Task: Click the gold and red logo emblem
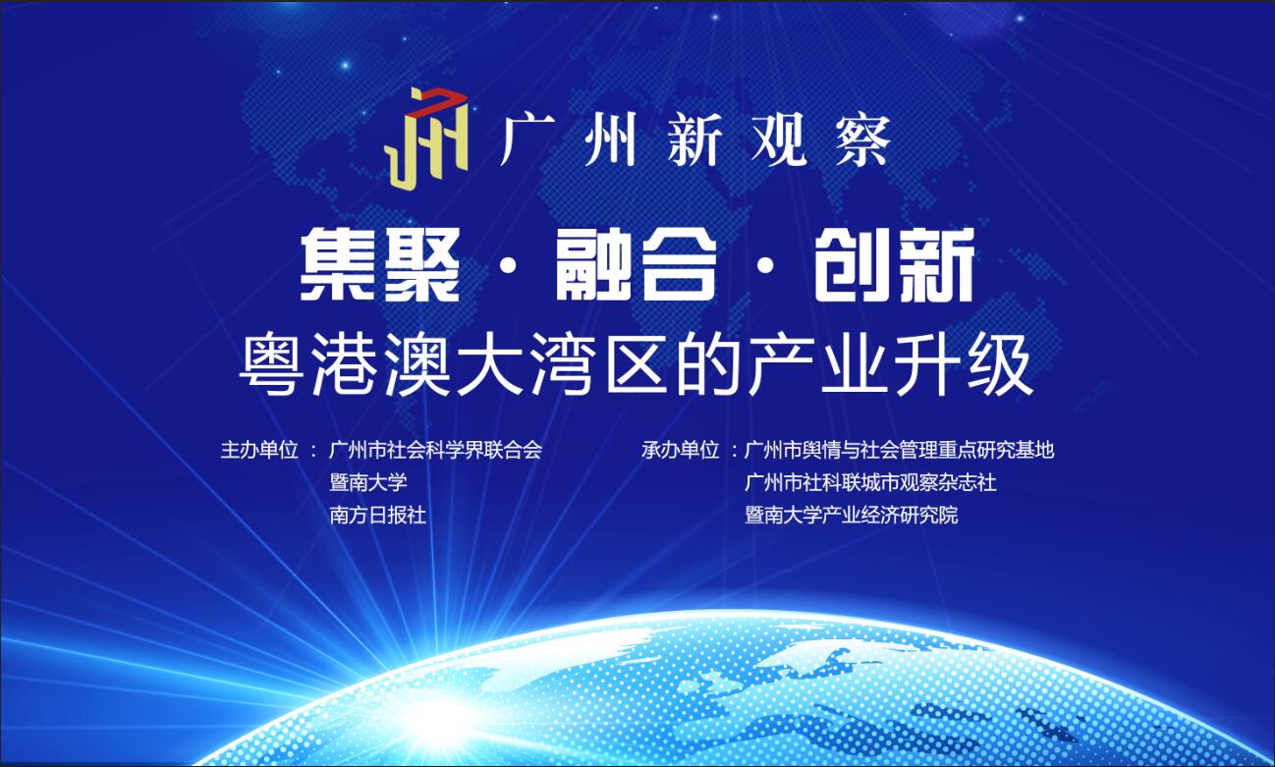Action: [x=426, y=138]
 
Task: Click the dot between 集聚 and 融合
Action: [x=508, y=266]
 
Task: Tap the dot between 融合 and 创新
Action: [x=765, y=266]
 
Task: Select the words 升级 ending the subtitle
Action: [x=961, y=364]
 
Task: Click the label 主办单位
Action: [x=259, y=450]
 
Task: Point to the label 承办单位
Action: [x=681, y=450]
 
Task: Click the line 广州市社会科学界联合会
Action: [x=435, y=450]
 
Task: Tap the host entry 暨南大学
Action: [x=368, y=482]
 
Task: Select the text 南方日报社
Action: [x=378, y=515]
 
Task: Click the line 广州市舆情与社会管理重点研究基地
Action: [x=900, y=450]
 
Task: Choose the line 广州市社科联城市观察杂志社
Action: [x=870, y=482]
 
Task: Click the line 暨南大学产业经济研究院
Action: [x=851, y=515]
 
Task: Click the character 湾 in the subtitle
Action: [x=561, y=364]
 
